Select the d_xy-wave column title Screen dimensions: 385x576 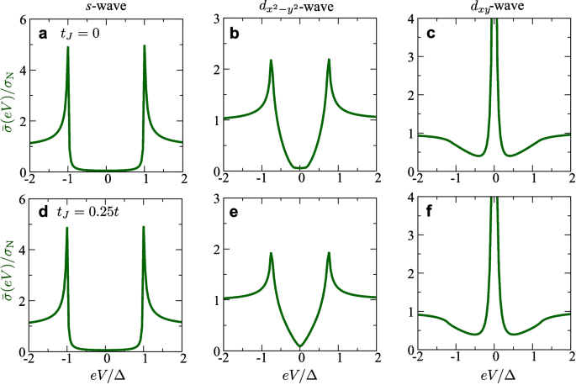(493, 7)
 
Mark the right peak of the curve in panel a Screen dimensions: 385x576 (145, 47)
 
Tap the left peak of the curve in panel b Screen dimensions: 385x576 (271, 61)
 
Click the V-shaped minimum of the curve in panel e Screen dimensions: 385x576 (300, 345)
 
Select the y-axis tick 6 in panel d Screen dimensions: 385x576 (21, 198)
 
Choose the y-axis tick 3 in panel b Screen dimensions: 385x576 (215, 18)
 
